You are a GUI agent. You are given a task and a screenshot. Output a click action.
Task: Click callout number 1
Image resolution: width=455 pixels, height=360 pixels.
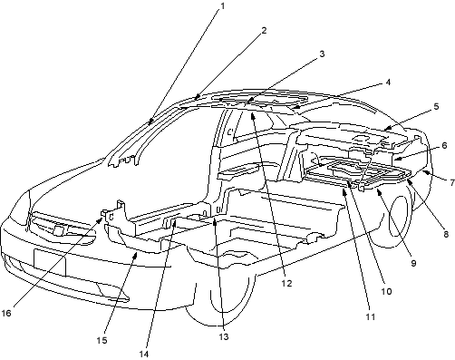[x=223, y=6]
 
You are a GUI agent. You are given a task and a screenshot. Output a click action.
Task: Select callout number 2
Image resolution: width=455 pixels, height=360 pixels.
[x=264, y=30]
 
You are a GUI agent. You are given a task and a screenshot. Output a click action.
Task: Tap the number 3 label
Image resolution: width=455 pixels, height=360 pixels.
[x=322, y=54]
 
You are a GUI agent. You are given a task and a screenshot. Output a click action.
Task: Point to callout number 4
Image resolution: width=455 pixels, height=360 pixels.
[x=388, y=83]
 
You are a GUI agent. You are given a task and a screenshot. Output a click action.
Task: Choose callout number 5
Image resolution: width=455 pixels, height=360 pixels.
[x=436, y=106]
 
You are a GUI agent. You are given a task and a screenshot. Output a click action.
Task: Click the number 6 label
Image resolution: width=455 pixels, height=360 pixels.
[x=444, y=146]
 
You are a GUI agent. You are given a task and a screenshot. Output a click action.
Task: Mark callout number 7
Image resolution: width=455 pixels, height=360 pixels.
[x=452, y=182]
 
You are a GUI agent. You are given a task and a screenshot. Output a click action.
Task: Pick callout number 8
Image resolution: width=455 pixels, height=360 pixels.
[x=446, y=234]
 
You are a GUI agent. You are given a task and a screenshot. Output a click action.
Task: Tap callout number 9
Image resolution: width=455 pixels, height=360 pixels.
[x=413, y=263]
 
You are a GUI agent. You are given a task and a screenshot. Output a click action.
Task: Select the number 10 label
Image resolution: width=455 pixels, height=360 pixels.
[x=386, y=291]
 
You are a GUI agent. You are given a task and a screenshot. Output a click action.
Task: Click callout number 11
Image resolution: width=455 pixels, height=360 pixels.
[x=371, y=316]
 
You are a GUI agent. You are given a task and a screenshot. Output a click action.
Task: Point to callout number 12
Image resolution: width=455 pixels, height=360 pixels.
[x=286, y=283]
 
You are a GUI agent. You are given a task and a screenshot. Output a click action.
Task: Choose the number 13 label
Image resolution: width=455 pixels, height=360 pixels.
[x=224, y=336]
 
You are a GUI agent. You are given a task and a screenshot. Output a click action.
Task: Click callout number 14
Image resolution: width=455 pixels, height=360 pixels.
[x=144, y=354]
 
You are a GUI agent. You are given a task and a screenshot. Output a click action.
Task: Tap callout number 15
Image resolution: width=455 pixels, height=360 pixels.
[x=102, y=340]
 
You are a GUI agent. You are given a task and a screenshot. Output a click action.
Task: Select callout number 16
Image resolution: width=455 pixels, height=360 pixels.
[x=6, y=313]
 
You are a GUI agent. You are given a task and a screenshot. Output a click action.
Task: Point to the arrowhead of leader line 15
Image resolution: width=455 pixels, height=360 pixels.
[x=135, y=256]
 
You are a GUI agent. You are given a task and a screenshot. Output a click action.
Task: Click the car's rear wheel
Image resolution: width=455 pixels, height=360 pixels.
[x=402, y=216]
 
